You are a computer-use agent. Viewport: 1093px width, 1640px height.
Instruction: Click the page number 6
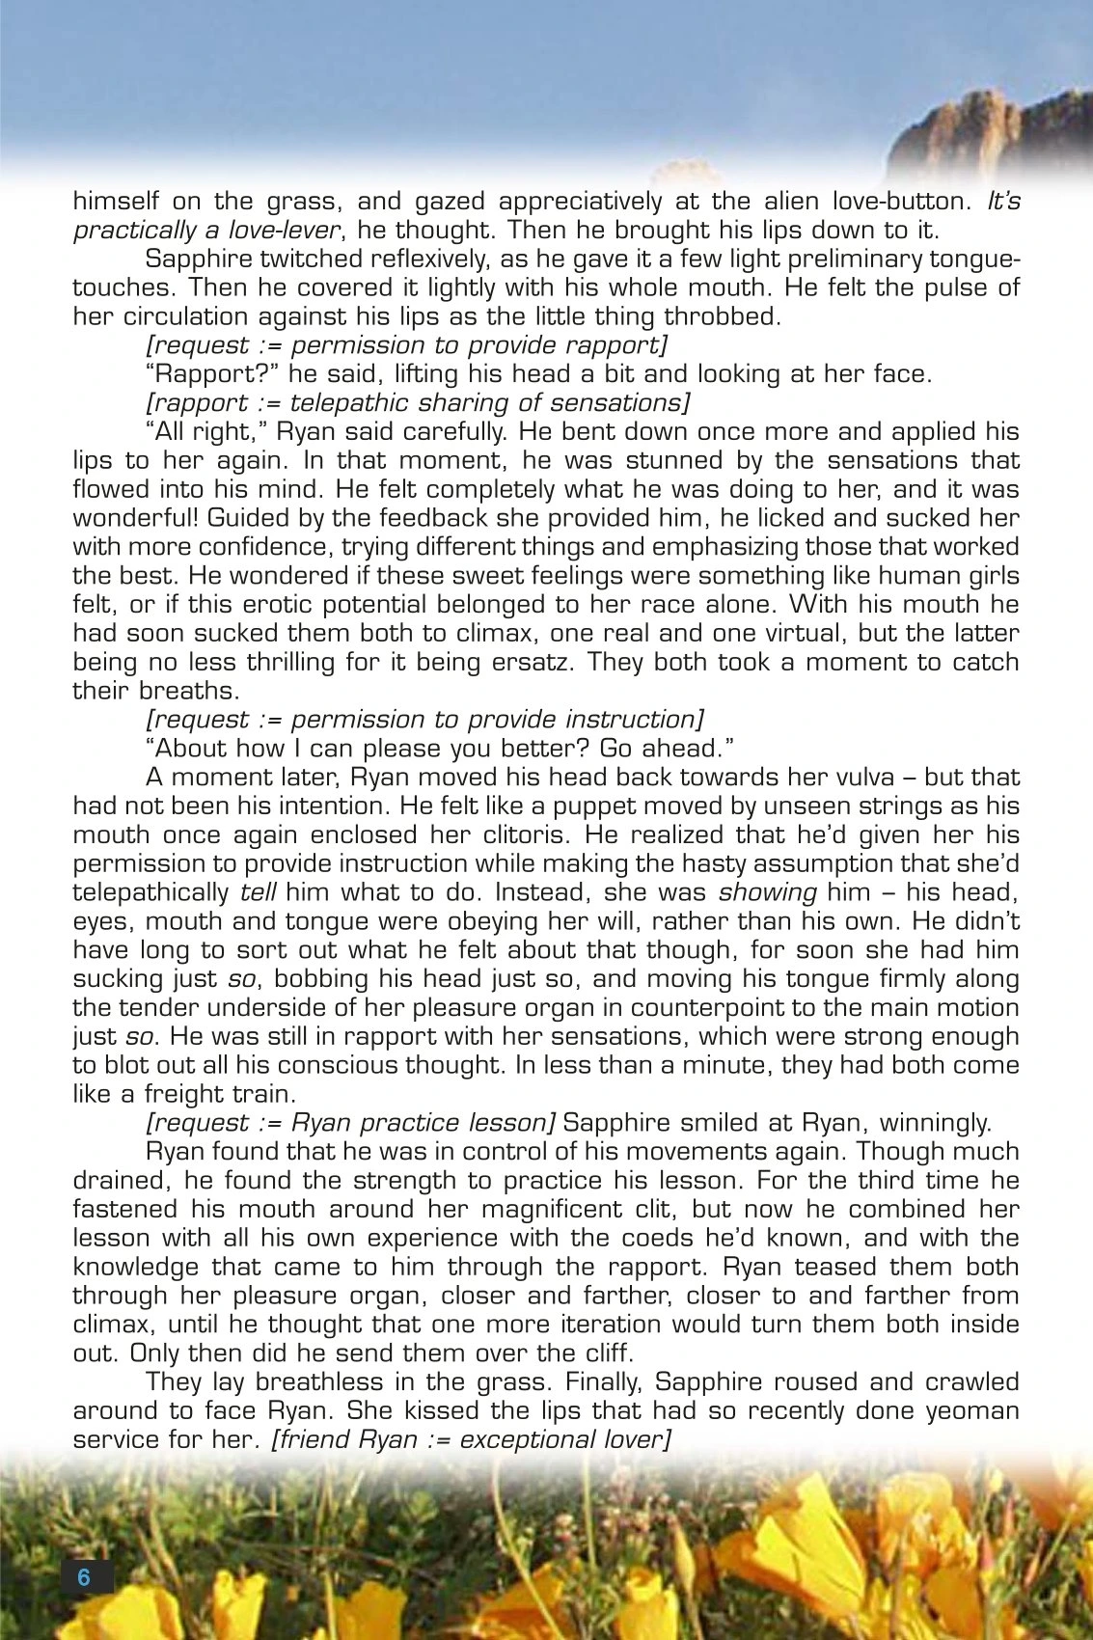pyautogui.click(x=84, y=1577)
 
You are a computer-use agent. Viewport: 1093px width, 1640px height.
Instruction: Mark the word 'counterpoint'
pyautogui.click(x=738, y=1007)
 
